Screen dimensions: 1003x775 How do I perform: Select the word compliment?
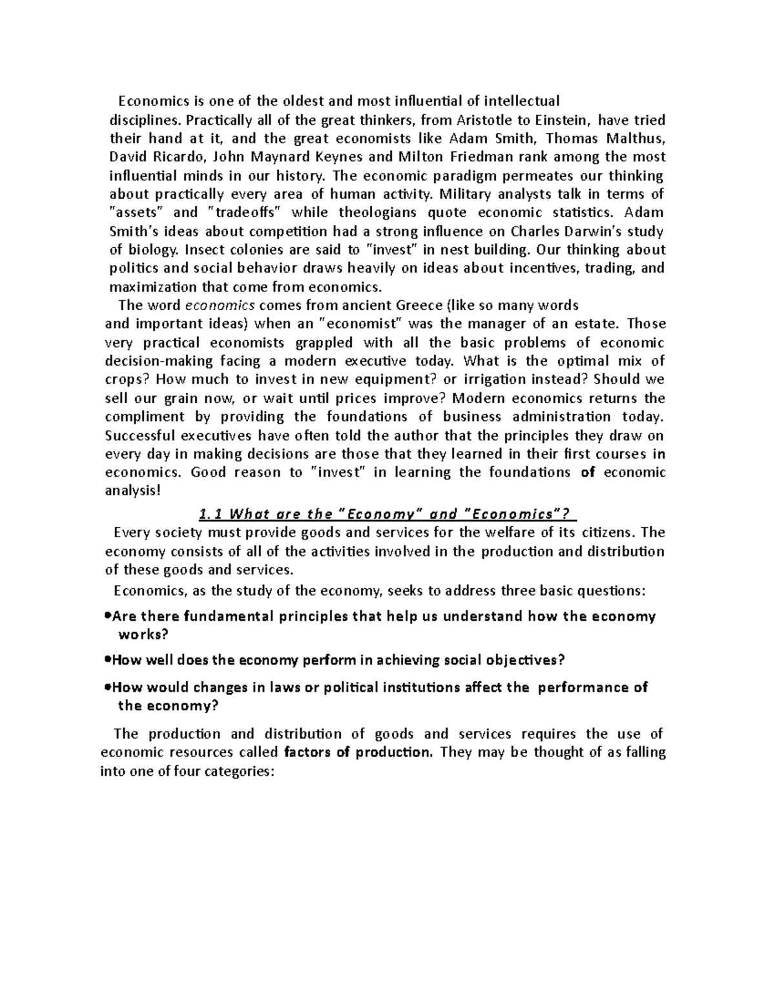click(136, 417)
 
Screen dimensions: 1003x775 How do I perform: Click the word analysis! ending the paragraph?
click(130, 491)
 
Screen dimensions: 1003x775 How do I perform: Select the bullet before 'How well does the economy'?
click(107, 661)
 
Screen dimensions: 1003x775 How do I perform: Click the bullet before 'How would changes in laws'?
click(107, 687)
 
